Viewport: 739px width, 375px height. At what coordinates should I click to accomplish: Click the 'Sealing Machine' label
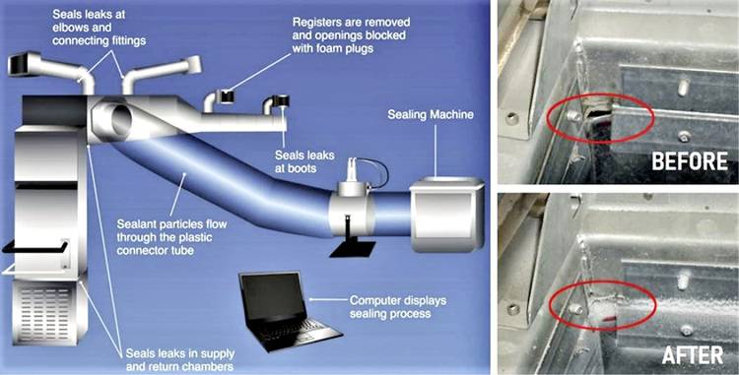click(x=431, y=115)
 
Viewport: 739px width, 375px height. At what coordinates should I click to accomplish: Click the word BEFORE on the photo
click(x=690, y=161)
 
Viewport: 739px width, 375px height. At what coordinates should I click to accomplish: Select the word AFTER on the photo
click(x=693, y=355)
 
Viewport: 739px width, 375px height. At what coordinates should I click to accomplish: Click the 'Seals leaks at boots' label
click(x=304, y=161)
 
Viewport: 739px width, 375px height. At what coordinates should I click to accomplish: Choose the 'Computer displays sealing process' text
click(x=397, y=307)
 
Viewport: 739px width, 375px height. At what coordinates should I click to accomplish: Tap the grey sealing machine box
click(x=446, y=215)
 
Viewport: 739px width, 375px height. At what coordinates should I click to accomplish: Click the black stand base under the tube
click(x=353, y=249)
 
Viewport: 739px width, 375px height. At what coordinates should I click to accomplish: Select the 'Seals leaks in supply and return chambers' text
click(x=179, y=360)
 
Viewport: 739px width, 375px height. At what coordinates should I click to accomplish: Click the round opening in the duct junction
click(x=122, y=121)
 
